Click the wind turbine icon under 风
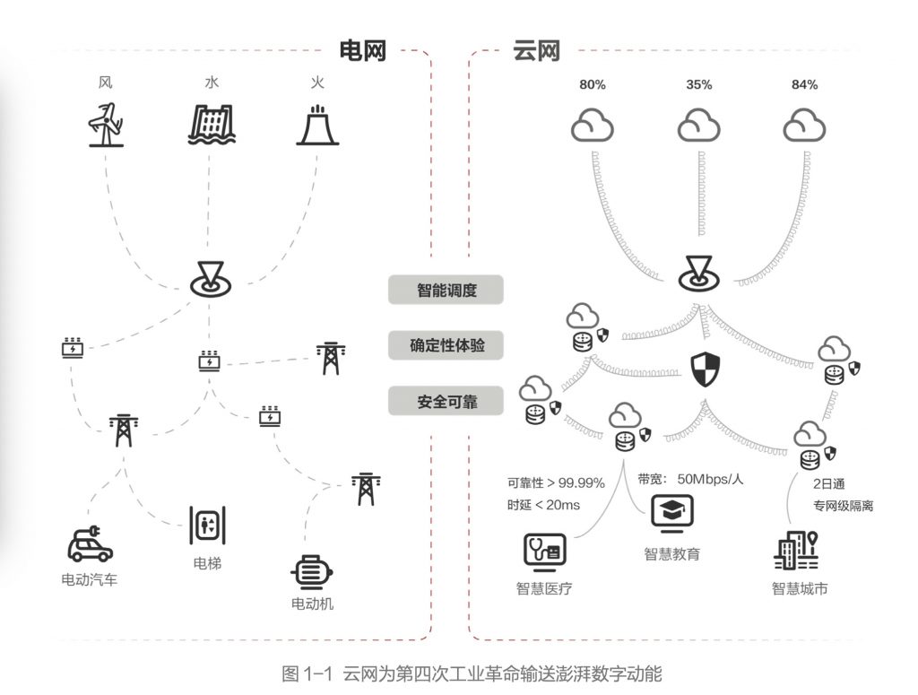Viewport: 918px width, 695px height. click(x=106, y=125)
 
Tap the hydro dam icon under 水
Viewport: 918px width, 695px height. click(x=211, y=125)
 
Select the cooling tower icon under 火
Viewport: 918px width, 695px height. click(x=316, y=126)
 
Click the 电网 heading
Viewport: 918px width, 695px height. click(x=362, y=49)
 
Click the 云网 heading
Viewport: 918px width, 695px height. click(x=536, y=49)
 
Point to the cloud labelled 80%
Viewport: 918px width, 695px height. click(x=593, y=125)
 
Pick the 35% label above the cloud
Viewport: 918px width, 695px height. click(x=698, y=84)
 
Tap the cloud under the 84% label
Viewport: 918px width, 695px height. click(x=804, y=125)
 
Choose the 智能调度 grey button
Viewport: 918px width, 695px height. click(x=446, y=290)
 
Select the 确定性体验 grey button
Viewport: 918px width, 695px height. click(x=446, y=345)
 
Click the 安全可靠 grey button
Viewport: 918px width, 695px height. click(x=446, y=401)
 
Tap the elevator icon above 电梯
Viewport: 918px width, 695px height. click(x=207, y=525)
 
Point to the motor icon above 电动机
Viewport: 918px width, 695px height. click(x=312, y=571)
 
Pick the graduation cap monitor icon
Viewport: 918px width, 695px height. click(x=671, y=515)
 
